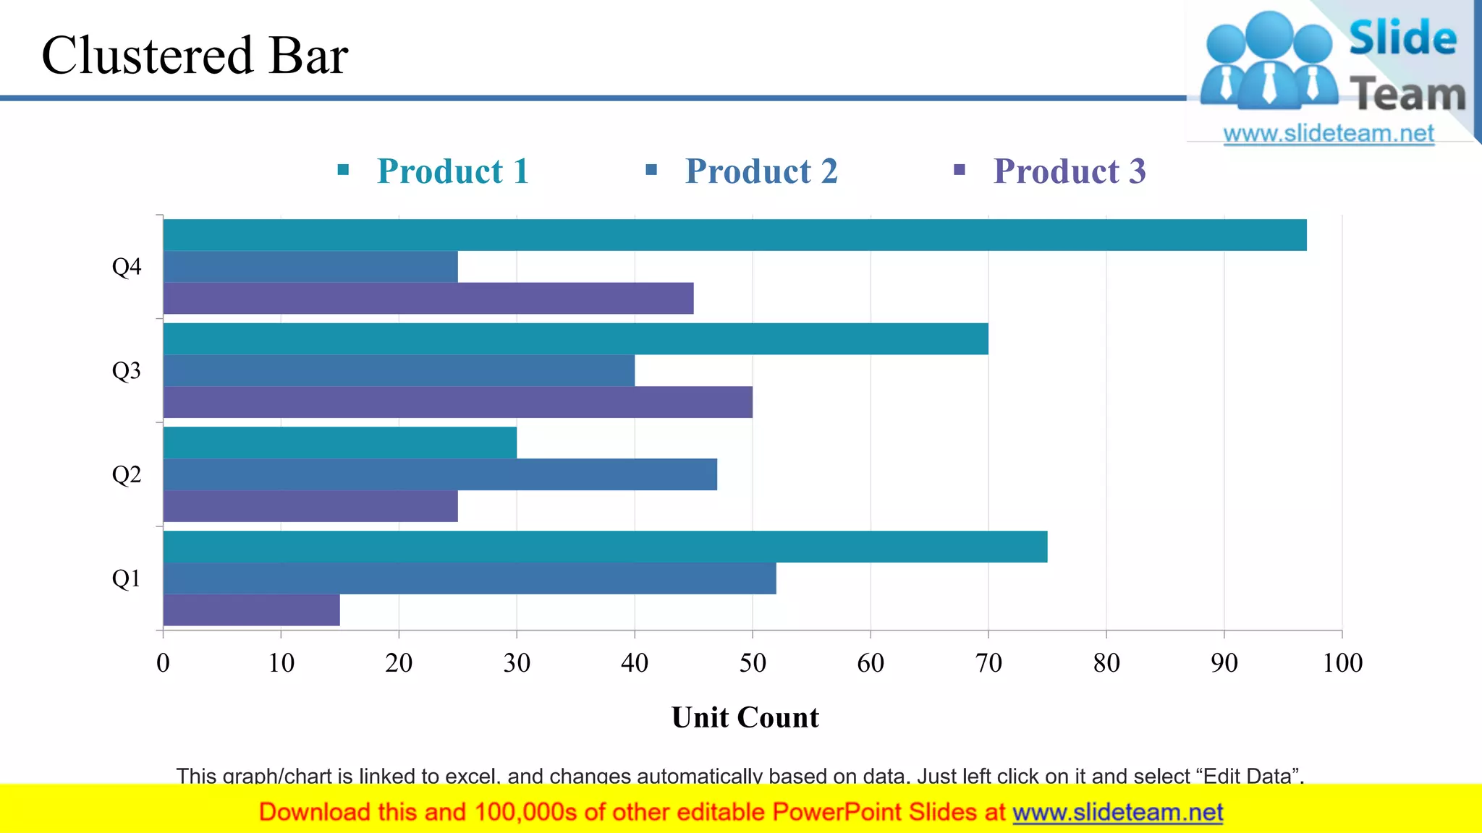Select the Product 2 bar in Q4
310,267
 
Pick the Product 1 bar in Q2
340,443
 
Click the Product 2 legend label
761,171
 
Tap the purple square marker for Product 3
960,170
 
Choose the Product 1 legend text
453,171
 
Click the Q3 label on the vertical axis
127,371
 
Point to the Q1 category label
127,578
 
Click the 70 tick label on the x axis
988,663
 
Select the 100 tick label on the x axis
1342,663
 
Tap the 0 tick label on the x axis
164,663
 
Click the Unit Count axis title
745,717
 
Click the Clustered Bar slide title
195,55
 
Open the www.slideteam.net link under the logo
1329,134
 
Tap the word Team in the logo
1407,95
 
